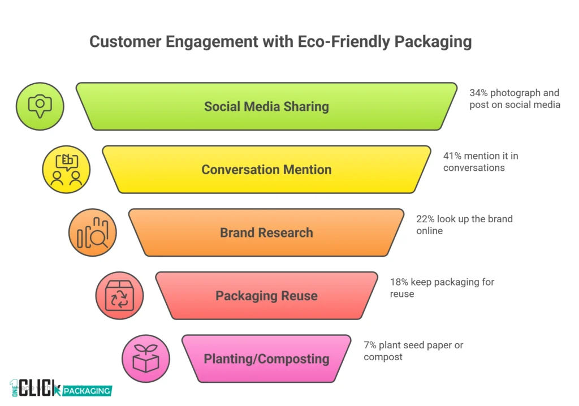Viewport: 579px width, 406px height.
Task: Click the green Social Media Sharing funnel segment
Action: [x=266, y=106]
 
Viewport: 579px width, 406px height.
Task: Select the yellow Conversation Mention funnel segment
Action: [x=266, y=170]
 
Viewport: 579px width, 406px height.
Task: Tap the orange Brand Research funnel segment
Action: [x=266, y=232]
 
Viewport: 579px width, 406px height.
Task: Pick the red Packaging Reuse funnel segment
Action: [x=266, y=296]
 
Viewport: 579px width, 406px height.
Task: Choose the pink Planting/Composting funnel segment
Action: [x=266, y=359]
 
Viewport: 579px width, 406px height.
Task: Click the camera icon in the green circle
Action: [x=40, y=106]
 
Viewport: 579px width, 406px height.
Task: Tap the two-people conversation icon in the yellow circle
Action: [x=66, y=170]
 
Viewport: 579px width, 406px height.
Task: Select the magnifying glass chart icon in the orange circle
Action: [x=93, y=232]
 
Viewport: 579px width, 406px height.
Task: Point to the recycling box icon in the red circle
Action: [x=119, y=296]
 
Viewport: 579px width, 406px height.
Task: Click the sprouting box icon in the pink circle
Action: [x=146, y=359]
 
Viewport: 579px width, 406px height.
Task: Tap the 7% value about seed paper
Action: [x=370, y=345]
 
